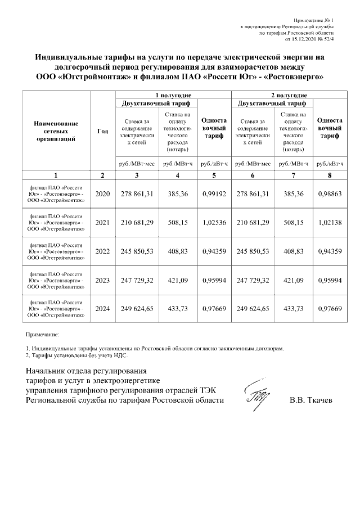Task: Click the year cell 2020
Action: coord(103,194)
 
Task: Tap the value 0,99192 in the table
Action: coord(213,194)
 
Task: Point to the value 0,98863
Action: coord(330,194)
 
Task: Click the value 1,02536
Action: coord(213,223)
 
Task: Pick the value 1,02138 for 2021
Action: coord(330,223)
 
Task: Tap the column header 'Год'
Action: coord(102,131)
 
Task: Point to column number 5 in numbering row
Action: coord(214,175)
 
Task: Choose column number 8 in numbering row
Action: coord(330,175)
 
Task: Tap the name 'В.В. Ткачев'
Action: coord(310,400)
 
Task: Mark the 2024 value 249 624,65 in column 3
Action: coord(137,309)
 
